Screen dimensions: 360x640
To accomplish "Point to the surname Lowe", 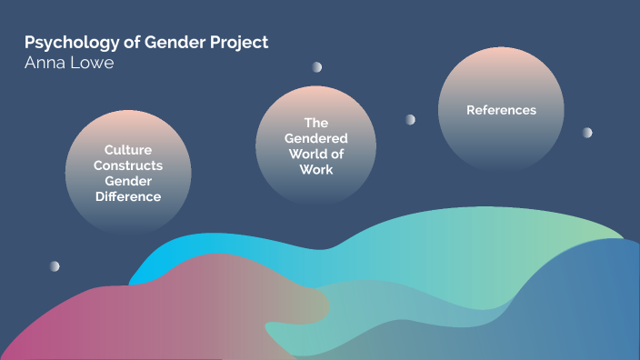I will point(94,65).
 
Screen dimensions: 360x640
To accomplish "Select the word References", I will point(501,110).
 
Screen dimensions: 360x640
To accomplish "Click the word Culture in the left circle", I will point(128,150).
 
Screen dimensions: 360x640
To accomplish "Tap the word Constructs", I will point(128,165).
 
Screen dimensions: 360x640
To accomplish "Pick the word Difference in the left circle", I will point(128,196).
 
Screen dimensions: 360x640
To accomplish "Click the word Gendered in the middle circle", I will point(315,138).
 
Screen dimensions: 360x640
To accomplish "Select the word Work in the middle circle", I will point(315,169).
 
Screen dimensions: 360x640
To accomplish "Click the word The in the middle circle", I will point(315,123).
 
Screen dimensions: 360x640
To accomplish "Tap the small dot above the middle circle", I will point(317,67).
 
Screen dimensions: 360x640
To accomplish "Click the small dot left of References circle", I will point(410,119).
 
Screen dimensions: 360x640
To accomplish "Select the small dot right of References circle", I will point(587,133).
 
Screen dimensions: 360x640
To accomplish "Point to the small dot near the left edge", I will point(55,266).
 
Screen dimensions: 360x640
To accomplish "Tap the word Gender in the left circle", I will point(128,181).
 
